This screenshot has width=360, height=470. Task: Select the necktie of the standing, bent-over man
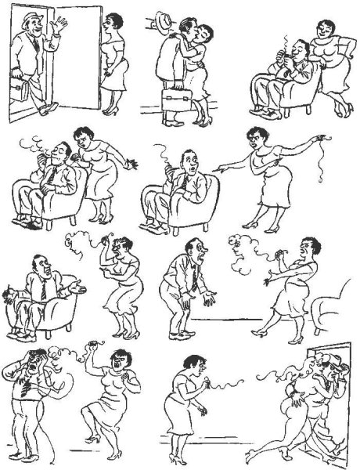[x=192, y=279]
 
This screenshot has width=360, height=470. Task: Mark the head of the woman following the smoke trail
[x=192, y=366]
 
